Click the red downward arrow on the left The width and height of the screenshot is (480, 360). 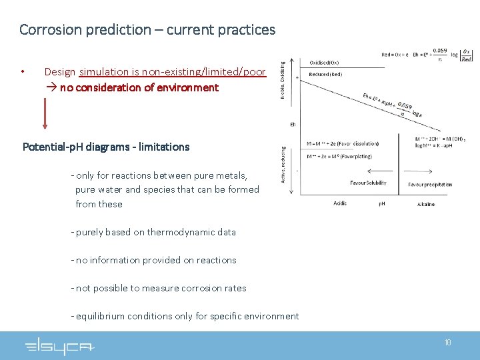pyautogui.click(x=45, y=113)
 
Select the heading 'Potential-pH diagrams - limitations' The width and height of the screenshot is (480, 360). pyautogui.click(x=106, y=147)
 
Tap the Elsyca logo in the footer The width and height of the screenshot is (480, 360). pyautogui.click(x=60, y=346)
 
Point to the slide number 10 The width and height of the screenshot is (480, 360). pyautogui.click(x=447, y=343)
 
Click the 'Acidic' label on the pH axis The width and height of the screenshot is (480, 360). pyautogui.click(x=340, y=203)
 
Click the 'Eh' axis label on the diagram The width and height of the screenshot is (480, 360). pyautogui.click(x=293, y=124)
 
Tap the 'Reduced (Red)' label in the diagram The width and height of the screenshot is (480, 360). pyautogui.click(x=327, y=74)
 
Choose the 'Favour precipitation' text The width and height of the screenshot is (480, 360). pyautogui.click(x=430, y=184)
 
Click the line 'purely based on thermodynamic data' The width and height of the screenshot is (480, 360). pyautogui.click(x=155, y=232)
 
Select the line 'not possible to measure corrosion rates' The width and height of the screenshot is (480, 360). pyautogui.click(x=161, y=288)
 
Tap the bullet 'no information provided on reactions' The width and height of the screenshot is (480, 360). pyautogui.click(x=155, y=260)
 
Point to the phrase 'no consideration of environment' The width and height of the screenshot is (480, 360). pyautogui.click(x=139, y=87)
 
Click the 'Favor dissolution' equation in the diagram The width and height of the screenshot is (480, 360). pyautogui.click(x=343, y=143)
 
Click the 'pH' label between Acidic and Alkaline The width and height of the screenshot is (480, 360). pyautogui.click(x=381, y=203)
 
